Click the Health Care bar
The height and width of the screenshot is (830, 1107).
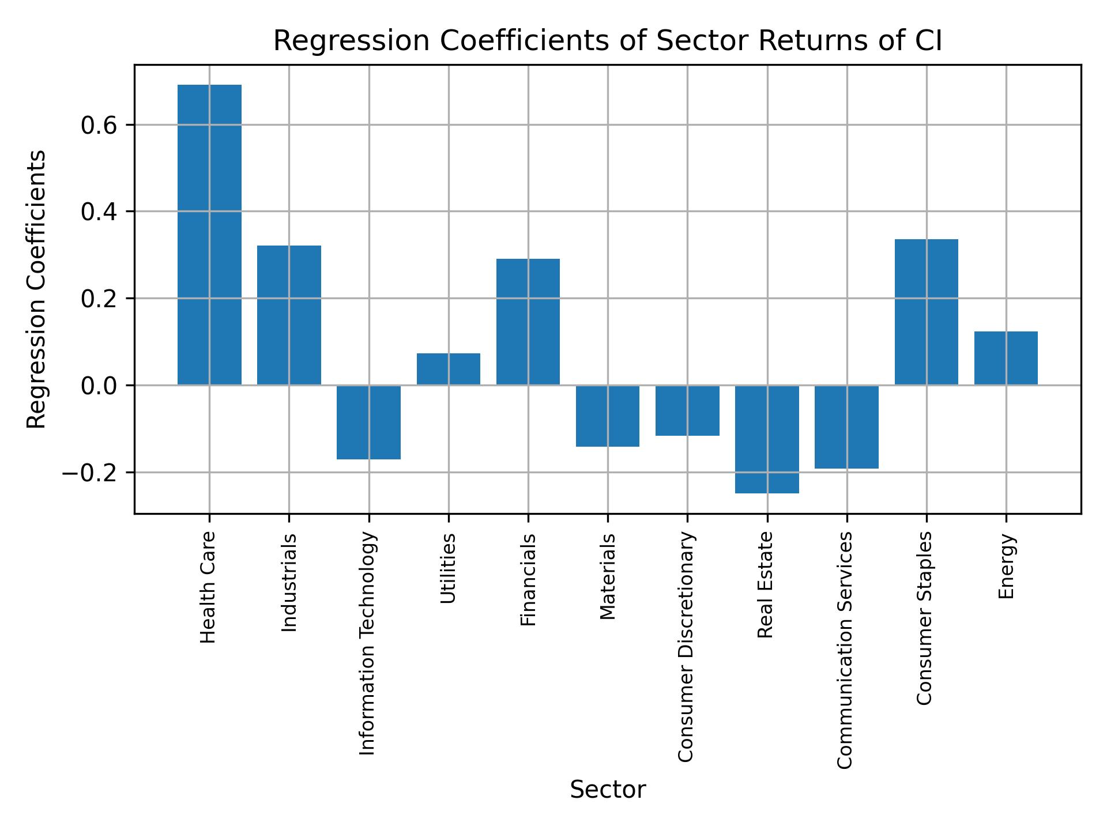point(209,235)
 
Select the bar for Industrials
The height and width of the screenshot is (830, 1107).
point(289,315)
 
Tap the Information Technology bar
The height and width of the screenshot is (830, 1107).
point(368,422)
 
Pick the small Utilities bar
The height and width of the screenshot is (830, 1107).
point(449,369)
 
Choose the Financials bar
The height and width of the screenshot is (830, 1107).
point(528,322)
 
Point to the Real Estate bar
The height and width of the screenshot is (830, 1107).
point(767,439)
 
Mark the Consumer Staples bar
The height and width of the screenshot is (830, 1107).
point(927,312)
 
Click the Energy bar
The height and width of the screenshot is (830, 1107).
point(1006,358)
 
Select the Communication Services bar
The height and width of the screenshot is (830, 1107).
point(846,427)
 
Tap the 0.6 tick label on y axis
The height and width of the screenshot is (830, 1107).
point(96,125)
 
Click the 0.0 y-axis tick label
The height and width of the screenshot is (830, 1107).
point(96,386)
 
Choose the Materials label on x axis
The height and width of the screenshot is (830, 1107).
point(608,576)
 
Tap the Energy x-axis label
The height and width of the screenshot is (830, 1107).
point(1006,567)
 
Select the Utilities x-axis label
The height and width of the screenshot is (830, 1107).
point(449,568)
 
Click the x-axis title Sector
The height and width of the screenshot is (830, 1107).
point(608,790)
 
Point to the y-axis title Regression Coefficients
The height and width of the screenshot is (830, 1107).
point(37,289)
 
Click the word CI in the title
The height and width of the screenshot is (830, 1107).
point(926,41)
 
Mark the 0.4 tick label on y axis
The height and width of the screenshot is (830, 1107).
point(96,212)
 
